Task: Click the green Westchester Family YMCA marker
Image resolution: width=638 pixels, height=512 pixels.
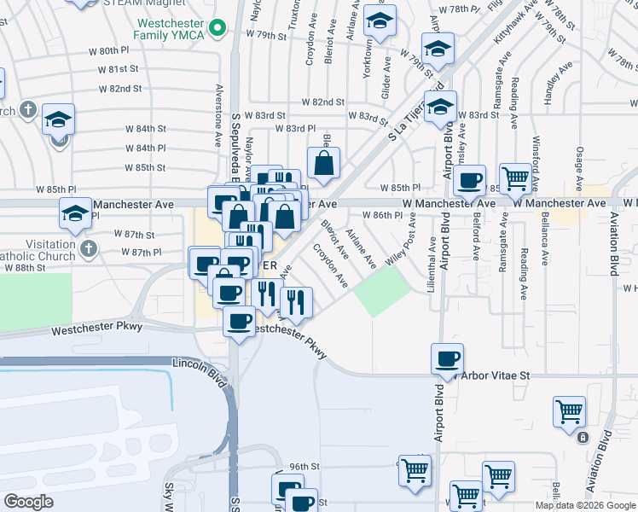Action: tap(217, 28)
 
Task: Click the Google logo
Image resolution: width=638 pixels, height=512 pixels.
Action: tap(28, 502)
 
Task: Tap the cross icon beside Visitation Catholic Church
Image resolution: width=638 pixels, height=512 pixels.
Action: tap(87, 249)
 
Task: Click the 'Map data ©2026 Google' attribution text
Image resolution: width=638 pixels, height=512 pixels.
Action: tap(585, 505)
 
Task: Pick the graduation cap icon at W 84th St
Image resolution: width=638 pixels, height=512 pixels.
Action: tap(59, 119)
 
